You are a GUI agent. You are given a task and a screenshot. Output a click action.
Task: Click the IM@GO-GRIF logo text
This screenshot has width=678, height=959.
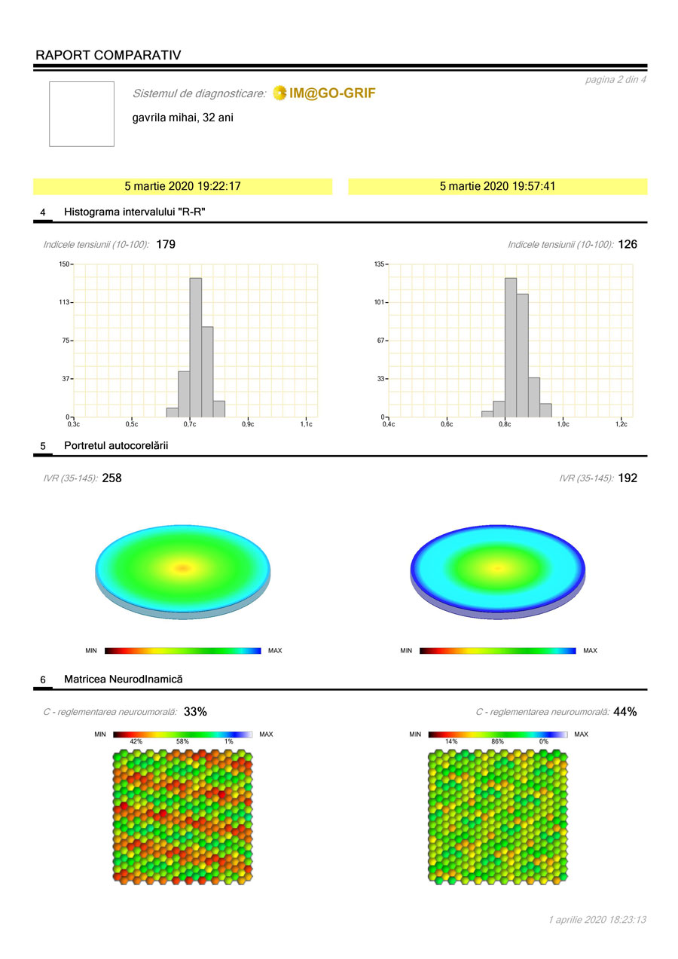(x=331, y=93)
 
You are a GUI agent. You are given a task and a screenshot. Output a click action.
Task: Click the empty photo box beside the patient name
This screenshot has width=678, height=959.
(x=81, y=114)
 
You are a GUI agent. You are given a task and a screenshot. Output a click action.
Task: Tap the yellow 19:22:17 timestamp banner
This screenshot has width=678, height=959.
(x=182, y=186)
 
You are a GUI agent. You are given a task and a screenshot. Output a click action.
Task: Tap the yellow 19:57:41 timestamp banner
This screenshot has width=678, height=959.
(x=497, y=186)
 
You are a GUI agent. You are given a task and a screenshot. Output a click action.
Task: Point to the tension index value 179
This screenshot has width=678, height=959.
(x=166, y=244)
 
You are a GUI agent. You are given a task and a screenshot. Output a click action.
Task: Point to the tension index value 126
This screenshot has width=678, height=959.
(x=628, y=244)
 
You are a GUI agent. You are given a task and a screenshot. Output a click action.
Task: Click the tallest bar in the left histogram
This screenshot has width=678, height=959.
(x=195, y=347)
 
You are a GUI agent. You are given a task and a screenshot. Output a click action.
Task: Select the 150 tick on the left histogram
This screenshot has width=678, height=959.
(x=64, y=264)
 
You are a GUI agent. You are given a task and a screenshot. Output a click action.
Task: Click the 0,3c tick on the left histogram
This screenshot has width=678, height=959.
(x=73, y=424)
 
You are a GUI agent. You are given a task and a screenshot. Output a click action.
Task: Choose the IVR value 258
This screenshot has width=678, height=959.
(x=111, y=478)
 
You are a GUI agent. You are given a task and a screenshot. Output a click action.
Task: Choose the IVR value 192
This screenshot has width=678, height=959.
(x=628, y=478)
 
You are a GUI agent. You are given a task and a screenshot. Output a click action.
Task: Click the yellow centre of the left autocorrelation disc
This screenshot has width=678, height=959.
(x=182, y=568)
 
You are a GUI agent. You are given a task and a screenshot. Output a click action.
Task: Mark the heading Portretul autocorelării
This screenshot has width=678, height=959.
(x=116, y=446)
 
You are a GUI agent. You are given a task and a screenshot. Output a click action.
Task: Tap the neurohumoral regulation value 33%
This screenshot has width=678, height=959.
(x=195, y=711)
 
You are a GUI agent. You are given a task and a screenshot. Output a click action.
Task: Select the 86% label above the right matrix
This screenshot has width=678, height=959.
(x=497, y=741)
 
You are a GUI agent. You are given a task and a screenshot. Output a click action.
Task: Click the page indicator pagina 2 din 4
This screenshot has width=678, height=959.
(x=615, y=79)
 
